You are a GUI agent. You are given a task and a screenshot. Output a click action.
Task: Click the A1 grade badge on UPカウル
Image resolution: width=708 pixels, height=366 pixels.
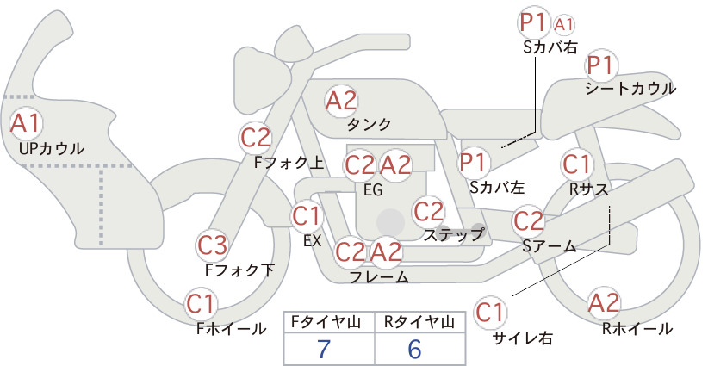pyautogui.click(x=26, y=124)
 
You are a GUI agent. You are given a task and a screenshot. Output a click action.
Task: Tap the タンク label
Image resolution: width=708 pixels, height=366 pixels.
pyautogui.click(x=369, y=125)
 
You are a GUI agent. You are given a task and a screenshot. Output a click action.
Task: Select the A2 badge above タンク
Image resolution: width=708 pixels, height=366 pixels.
pyautogui.click(x=341, y=101)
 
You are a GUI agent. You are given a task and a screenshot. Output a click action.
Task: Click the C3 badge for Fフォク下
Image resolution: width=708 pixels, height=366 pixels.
pyautogui.click(x=212, y=246)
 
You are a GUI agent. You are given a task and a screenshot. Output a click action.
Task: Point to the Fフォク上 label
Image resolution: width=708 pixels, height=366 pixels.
pyautogui.click(x=289, y=163)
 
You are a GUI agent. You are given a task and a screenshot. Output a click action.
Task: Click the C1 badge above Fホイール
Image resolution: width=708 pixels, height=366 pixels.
pyautogui.click(x=201, y=305)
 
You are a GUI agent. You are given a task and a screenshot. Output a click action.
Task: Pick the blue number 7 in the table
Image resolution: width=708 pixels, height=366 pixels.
pyautogui.click(x=324, y=349)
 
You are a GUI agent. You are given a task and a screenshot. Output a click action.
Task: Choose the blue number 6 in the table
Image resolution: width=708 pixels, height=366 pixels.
pyautogui.click(x=414, y=349)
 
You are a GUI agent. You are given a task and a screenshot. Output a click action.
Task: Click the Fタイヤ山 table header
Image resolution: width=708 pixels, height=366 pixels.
pyautogui.click(x=326, y=322)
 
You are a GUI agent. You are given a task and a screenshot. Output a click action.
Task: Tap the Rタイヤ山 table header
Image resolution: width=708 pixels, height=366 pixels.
pyautogui.click(x=419, y=322)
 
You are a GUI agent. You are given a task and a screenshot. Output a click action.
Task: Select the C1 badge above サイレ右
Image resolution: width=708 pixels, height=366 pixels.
pyautogui.click(x=490, y=313)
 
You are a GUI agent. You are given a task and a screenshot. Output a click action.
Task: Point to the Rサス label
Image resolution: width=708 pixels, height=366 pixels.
pyautogui.click(x=588, y=190)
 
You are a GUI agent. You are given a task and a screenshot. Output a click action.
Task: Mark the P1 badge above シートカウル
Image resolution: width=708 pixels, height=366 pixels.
pyautogui.click(x=601, y=66)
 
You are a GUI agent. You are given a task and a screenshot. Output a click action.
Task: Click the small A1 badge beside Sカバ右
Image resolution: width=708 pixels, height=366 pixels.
pyautogui.click(x=564, y=25)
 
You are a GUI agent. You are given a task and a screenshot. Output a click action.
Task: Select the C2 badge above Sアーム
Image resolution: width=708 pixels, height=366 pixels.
pyautogui.click(x=528, y=221)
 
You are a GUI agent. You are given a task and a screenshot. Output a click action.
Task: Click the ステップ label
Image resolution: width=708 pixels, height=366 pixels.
pyautogui.click(x=453, y=235)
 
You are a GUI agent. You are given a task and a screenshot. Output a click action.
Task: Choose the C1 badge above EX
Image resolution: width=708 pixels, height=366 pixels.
pyautogui.click(x=307, y=217)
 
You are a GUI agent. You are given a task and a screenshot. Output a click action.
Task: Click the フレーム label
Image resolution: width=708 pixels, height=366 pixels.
pyautogui.click(x=379, y=277)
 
